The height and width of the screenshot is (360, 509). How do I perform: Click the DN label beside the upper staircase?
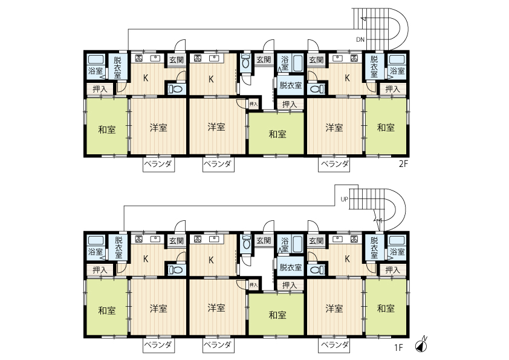(360, 40)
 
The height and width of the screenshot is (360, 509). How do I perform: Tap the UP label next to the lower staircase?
(344, 199)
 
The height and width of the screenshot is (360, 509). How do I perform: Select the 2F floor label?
(403, 164)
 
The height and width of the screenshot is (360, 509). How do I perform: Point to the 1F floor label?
(398, 347)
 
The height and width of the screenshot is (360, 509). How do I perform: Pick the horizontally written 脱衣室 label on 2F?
(291, 85)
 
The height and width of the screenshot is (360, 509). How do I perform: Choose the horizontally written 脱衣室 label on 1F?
(291, 267)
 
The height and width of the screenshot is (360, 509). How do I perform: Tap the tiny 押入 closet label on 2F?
(253, 104)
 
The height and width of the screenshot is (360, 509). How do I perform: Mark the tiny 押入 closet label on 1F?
(253, 285)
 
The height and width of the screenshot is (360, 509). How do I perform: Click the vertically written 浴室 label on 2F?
(285, 64)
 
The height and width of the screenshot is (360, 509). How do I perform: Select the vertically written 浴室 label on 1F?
(285, 245)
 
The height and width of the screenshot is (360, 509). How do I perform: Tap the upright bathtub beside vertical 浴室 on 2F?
(297, 64)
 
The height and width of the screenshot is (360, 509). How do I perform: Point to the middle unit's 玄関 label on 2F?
(264, 59)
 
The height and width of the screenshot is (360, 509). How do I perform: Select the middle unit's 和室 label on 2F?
(277, 134)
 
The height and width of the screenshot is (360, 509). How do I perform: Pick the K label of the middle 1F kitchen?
(211, 260)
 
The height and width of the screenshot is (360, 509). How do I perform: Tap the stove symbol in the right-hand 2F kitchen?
(354, 59)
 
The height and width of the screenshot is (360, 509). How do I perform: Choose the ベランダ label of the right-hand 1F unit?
(334, 345)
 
